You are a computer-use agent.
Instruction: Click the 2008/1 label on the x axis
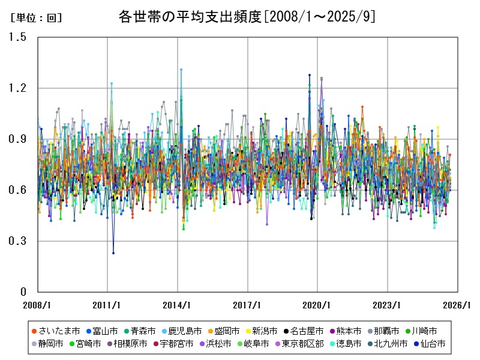pyautogui.click(x=37, y=305)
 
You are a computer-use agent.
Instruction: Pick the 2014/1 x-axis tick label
pyautogui.click(x=177, y=305)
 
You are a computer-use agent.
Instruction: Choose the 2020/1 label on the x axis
pyautogui.click(x=317, y=305)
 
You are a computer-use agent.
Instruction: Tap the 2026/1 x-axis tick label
pyautogui.click(x=457, y=305)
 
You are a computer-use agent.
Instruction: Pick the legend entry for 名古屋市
pyautogui.click(x=307, y=331)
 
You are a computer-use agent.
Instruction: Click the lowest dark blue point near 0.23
pyautogui.click(x=113, y=253)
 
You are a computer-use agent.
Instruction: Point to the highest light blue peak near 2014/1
pyautogui.click(x=181, y=70)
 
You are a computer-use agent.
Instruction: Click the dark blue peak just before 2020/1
pyautogui.click(x=310, y=75)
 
